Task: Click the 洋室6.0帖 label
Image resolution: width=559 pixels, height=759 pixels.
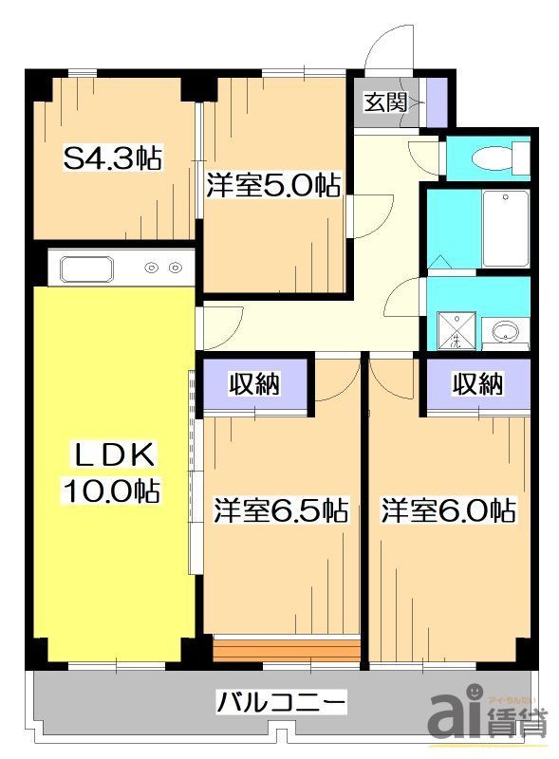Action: [449, 510]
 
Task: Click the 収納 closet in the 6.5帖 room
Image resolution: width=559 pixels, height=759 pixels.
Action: [256, 384]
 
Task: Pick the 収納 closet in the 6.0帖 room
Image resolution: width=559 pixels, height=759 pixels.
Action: [477, 384]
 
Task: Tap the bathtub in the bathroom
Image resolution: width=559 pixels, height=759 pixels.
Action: [505, 229]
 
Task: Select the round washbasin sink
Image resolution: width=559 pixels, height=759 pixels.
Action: [505, 333]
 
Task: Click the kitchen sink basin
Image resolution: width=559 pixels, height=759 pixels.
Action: [88, 268]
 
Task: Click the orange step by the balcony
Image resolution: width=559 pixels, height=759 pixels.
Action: [287, 650]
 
